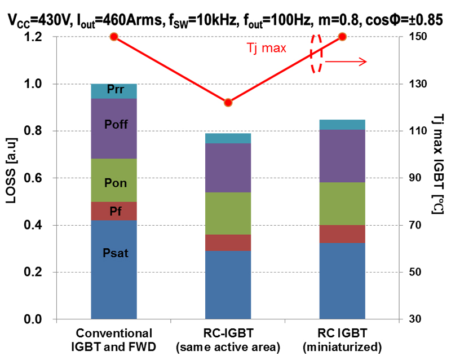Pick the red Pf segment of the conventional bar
[x=114, y=211]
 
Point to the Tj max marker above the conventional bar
[x=114, y=37]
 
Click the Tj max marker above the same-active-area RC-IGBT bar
[x=228, y=103]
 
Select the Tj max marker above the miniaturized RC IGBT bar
[x=342, y=37]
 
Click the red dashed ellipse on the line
[x=317, y=54]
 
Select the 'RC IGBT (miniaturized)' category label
[x=342, y=339]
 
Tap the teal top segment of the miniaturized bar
[x=342, y=125]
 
